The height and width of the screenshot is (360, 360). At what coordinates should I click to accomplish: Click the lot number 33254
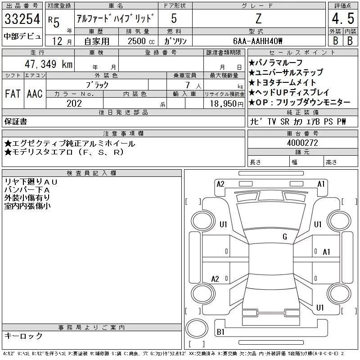(22, 19)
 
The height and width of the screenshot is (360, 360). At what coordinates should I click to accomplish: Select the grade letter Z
(258, 19)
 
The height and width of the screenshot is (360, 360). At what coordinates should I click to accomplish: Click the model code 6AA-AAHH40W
(258, 41)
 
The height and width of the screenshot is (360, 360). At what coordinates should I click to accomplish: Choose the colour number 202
(74, 103)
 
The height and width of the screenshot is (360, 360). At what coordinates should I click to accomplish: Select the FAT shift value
(12, 94)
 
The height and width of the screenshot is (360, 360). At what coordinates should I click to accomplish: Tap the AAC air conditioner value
(34, 94)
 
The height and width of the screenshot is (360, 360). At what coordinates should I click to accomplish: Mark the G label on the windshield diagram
(285, 237)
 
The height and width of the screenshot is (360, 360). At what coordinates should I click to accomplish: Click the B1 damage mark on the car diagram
(220, 332)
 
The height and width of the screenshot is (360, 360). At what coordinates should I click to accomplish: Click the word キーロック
(24, 336)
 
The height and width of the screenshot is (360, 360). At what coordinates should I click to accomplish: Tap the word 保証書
(16, 121)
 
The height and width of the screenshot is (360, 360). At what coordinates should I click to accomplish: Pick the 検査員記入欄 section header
(92, 173)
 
